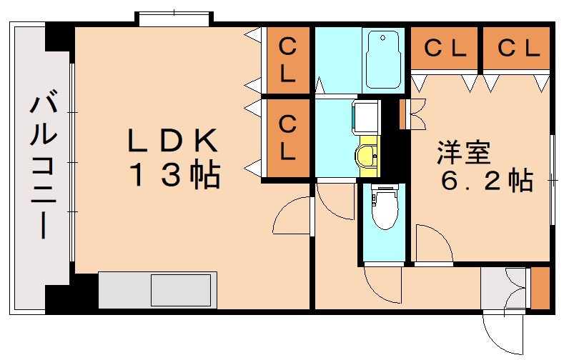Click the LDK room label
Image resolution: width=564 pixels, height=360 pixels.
pyautogui.click(x=173, y=140)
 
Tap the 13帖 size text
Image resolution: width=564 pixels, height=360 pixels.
pyautogui.click(x=176, y=175)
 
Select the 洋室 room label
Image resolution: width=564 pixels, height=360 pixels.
pyautogui.click(x=464, y=153)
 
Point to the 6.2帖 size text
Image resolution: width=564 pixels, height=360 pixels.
pyautogui.click(x=487, y=181)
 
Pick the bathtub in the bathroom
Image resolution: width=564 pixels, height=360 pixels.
pyautogui.click(x=383, y=59)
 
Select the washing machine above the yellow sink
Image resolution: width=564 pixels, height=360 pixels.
pyautogui.click(x=365, y=116)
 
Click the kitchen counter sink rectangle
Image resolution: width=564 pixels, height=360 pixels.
pyautogui.click(x=181, y=290)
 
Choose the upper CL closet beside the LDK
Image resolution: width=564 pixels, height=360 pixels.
pyautogui.click(x=288, y=60)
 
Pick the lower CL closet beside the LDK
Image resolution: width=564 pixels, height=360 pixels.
pyautogui.click(x=288, y=138)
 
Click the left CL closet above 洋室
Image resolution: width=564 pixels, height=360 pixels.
pyautogui.click(x=445, y=48)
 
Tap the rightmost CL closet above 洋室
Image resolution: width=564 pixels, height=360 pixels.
pyautogui.click(x=517, y=48)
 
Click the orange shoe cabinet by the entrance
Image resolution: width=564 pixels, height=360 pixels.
pyautogui.click(x=540, y=288)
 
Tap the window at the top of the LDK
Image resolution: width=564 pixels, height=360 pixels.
pyautogui.click(x=174, y=19)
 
